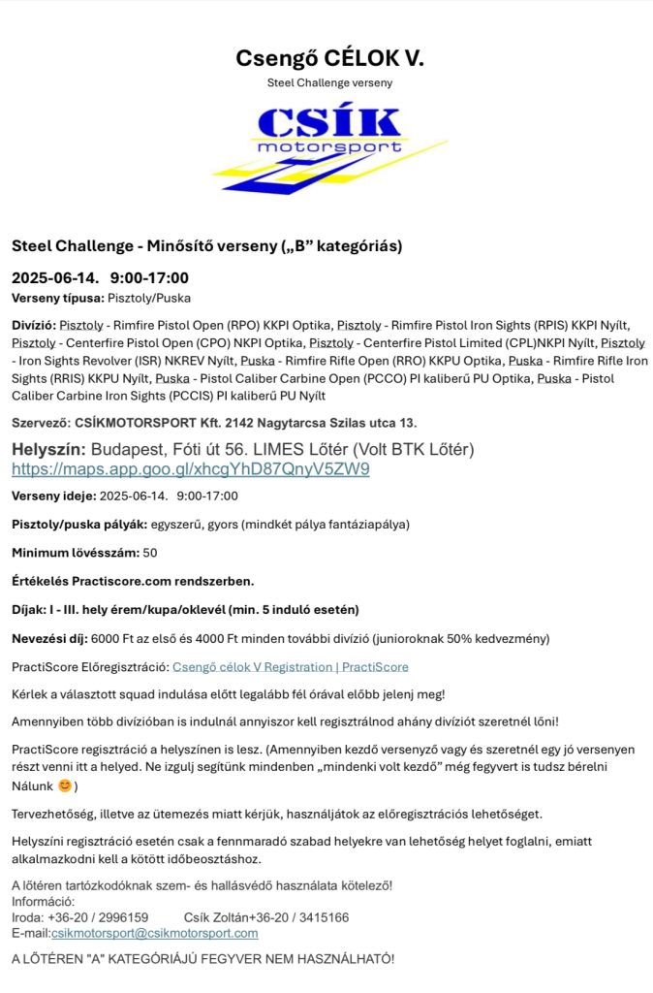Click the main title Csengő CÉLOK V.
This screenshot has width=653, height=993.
[329, 58]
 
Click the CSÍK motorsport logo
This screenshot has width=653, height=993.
[329, 147]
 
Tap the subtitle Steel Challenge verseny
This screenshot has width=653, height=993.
[329, 83]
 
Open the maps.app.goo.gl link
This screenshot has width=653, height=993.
[191, 469]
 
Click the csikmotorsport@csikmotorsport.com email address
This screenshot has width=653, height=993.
[154, 933]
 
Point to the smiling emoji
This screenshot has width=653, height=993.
[65, 786]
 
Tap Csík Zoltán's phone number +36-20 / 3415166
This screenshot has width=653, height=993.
[299, 917]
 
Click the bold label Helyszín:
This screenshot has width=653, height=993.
[48, 450]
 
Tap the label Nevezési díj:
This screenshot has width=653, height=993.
[49, 639]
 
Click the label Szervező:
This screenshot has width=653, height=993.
[41, 423]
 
